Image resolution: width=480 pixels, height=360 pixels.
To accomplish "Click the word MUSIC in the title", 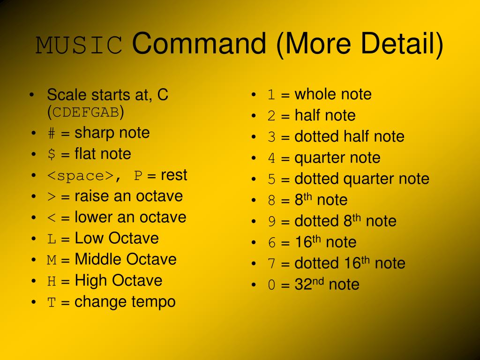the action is click(x=79, y=45).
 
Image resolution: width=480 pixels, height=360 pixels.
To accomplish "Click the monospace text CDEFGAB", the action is click(x=86, y=112).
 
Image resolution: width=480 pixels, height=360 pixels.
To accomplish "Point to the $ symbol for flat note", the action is click(x=52, y=154).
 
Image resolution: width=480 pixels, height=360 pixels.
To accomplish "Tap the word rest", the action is click(x=174, y=175).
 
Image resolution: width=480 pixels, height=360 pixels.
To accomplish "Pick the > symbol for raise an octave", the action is click(x=52, y=197).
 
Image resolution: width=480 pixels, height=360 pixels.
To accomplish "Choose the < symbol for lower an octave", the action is click(x=52, y=218).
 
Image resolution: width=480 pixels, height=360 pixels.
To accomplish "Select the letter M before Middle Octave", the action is click(x=52, y=260).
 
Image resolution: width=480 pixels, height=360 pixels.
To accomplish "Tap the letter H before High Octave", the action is click(x=52, y=281).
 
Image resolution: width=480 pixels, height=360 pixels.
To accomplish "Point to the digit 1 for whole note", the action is click(x=271, y=95).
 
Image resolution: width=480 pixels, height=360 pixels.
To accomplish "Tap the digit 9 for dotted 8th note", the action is click(x=271, y=222).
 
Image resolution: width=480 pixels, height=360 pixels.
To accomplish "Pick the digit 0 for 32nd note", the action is click(x=271, y=285).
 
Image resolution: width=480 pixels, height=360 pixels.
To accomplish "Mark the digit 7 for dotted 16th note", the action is click(x=271, y=264).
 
